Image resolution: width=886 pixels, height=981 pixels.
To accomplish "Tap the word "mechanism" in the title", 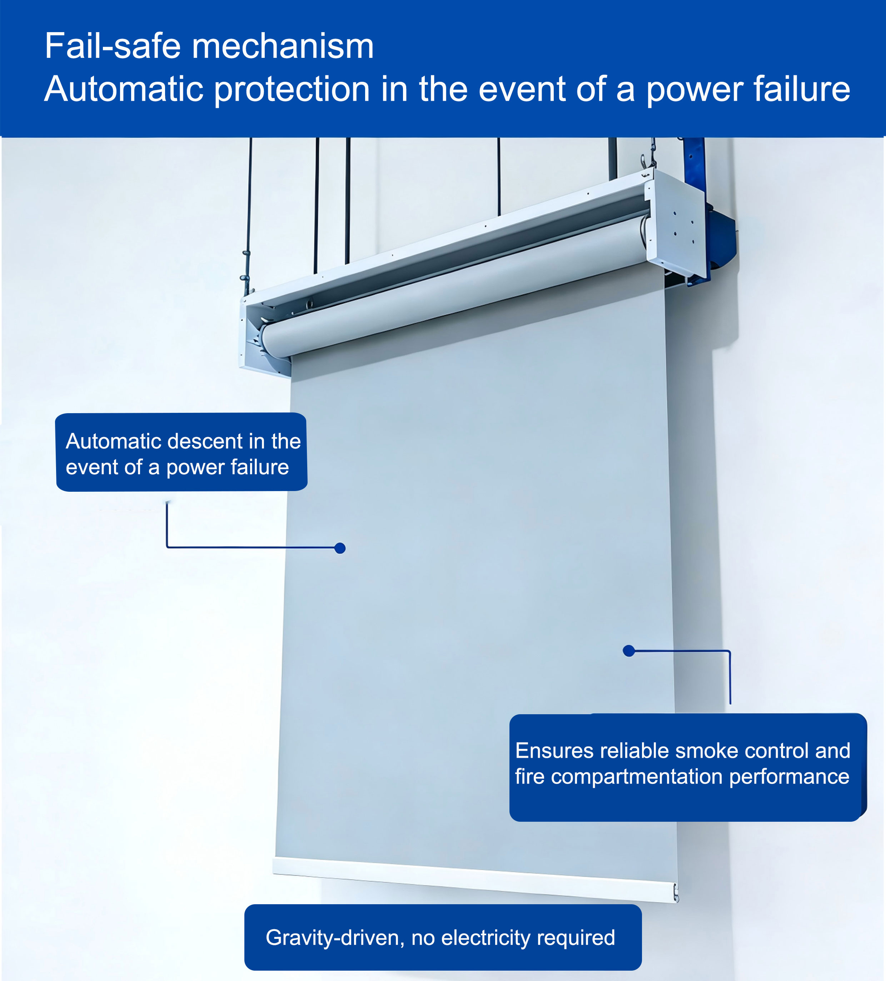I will (x=283, y=46).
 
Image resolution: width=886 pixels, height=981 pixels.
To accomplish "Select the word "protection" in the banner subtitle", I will (x=292, y=90).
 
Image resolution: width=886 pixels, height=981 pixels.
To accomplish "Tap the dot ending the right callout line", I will (x=628, y=651).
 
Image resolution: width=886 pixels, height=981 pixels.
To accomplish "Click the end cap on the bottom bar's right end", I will (x=675, y=893).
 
